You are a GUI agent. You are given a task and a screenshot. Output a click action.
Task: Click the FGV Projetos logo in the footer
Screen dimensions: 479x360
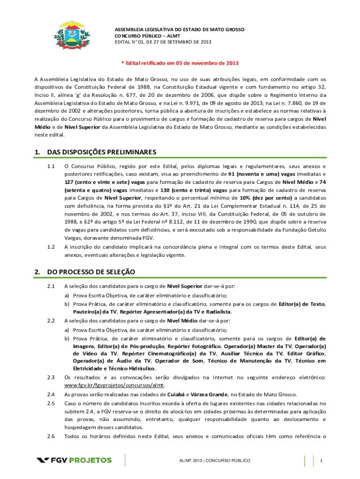74,460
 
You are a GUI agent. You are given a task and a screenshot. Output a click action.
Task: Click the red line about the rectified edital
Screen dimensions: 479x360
180,63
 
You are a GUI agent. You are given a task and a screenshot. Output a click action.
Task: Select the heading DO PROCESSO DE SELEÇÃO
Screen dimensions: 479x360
91,271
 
